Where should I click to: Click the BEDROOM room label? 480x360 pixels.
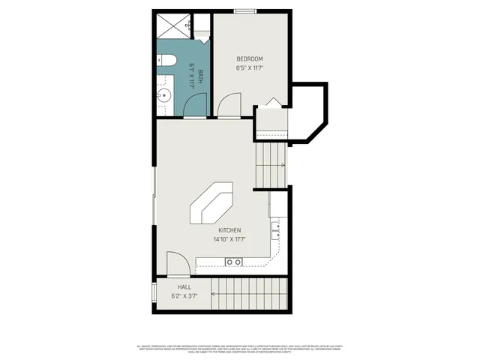pos(250,59)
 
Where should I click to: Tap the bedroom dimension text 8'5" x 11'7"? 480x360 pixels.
pos(250,68)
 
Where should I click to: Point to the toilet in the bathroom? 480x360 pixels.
pos(167,60)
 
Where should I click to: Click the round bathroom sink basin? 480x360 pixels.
pos(165,95)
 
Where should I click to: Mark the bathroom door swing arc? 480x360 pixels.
pos(194,108)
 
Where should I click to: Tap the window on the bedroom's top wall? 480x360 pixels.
pos(245,11)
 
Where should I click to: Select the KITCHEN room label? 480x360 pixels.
pos(229,230)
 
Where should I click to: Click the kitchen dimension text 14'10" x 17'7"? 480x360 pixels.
pos(229,240)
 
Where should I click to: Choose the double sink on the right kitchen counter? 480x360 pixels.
pos(276,229)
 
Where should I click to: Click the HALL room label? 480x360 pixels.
pos(184,287)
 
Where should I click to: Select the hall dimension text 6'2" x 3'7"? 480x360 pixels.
pos(184,296)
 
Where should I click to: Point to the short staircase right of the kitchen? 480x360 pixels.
pos(271,165)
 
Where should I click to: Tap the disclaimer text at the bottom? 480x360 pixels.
pos(240,349)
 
